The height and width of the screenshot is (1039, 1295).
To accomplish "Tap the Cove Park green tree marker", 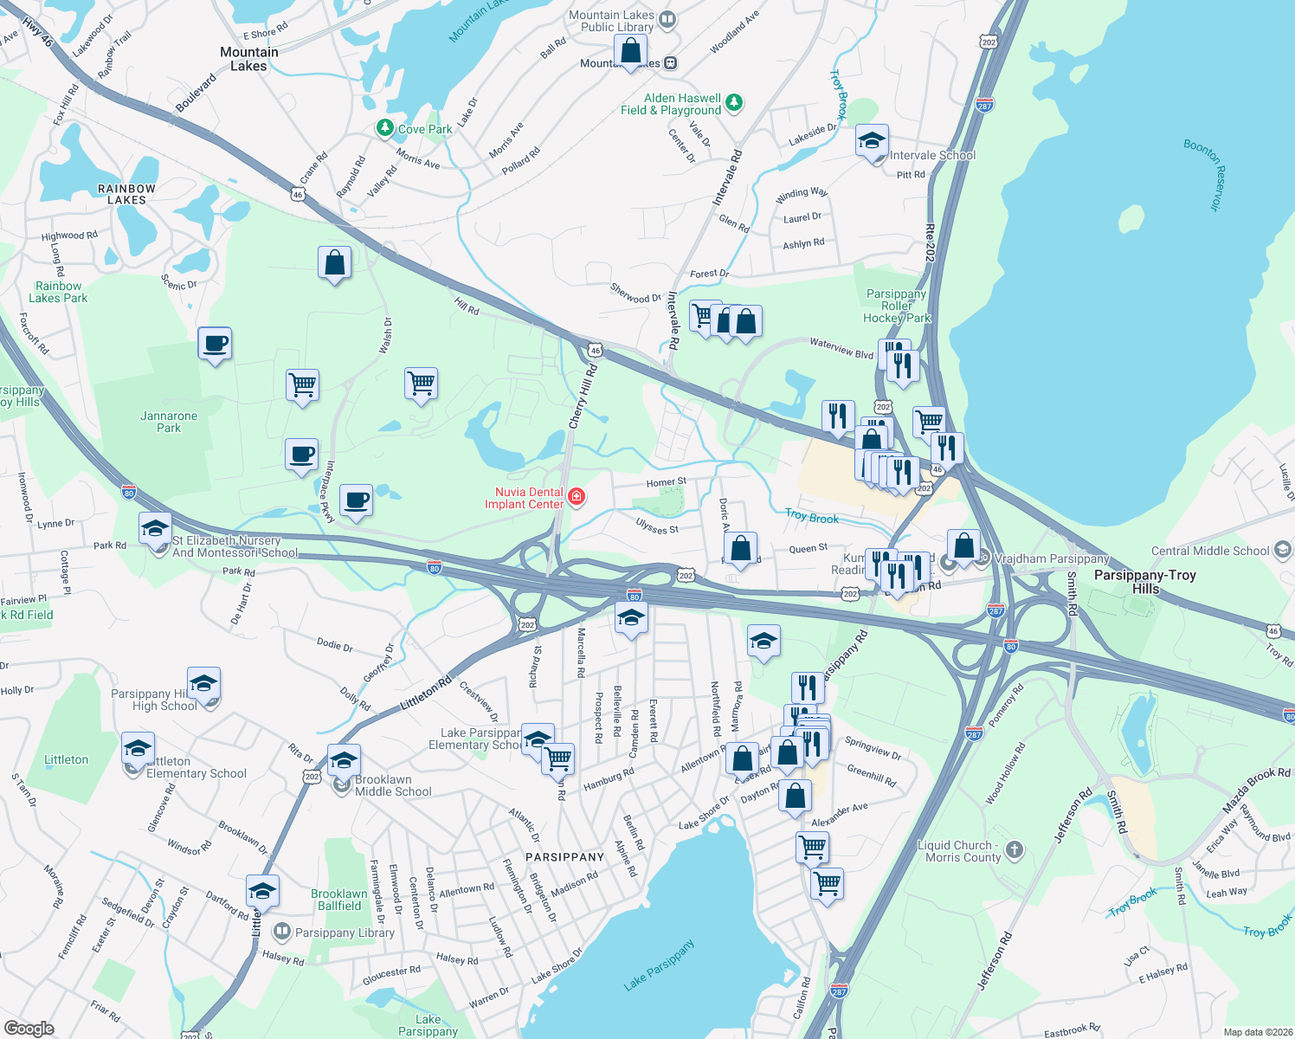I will click(x=385, y=128).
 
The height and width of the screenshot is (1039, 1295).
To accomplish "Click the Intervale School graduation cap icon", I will click(x=872, y=141).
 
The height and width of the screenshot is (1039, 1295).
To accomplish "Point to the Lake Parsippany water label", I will click(x=659, y=965).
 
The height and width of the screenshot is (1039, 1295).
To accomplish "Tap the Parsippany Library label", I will click(x=345, y=933).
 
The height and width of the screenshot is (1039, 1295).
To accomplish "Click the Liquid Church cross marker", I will click(x=1015, y=849).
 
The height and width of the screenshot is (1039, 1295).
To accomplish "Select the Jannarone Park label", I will click(x=169, y=422).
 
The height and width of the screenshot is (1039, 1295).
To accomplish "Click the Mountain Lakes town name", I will click(x=249, y=59).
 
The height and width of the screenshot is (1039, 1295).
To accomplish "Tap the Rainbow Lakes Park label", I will click(x=58, y=292).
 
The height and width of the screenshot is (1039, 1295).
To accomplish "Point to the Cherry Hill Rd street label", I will click(x=583, y=396).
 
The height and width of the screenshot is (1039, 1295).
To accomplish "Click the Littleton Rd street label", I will click(x=426, y=694).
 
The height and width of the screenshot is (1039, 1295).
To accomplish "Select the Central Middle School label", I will click(x=1210, y=551).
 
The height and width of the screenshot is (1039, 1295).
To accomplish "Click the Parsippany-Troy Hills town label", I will click(x=1144, y=582).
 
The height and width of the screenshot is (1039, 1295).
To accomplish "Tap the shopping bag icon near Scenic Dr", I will click(x=334, y=262).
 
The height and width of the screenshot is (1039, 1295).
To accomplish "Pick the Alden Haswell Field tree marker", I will click(x=734, y=103).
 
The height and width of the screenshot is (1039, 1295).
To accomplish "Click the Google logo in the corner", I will click(x=29, y=1028).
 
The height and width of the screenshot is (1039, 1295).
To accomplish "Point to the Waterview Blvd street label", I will click(x=841, y=348).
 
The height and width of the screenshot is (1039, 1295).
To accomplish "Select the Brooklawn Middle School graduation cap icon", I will click(x=344, y=761).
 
